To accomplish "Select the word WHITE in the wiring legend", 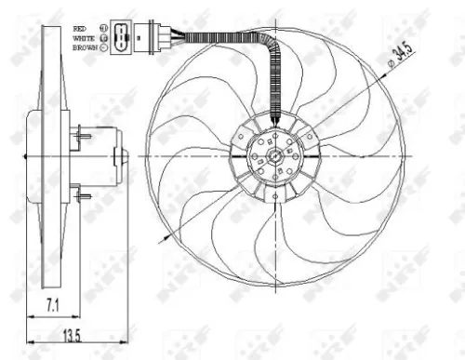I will tap(82, 38).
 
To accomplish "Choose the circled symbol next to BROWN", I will tap(101, 47).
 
